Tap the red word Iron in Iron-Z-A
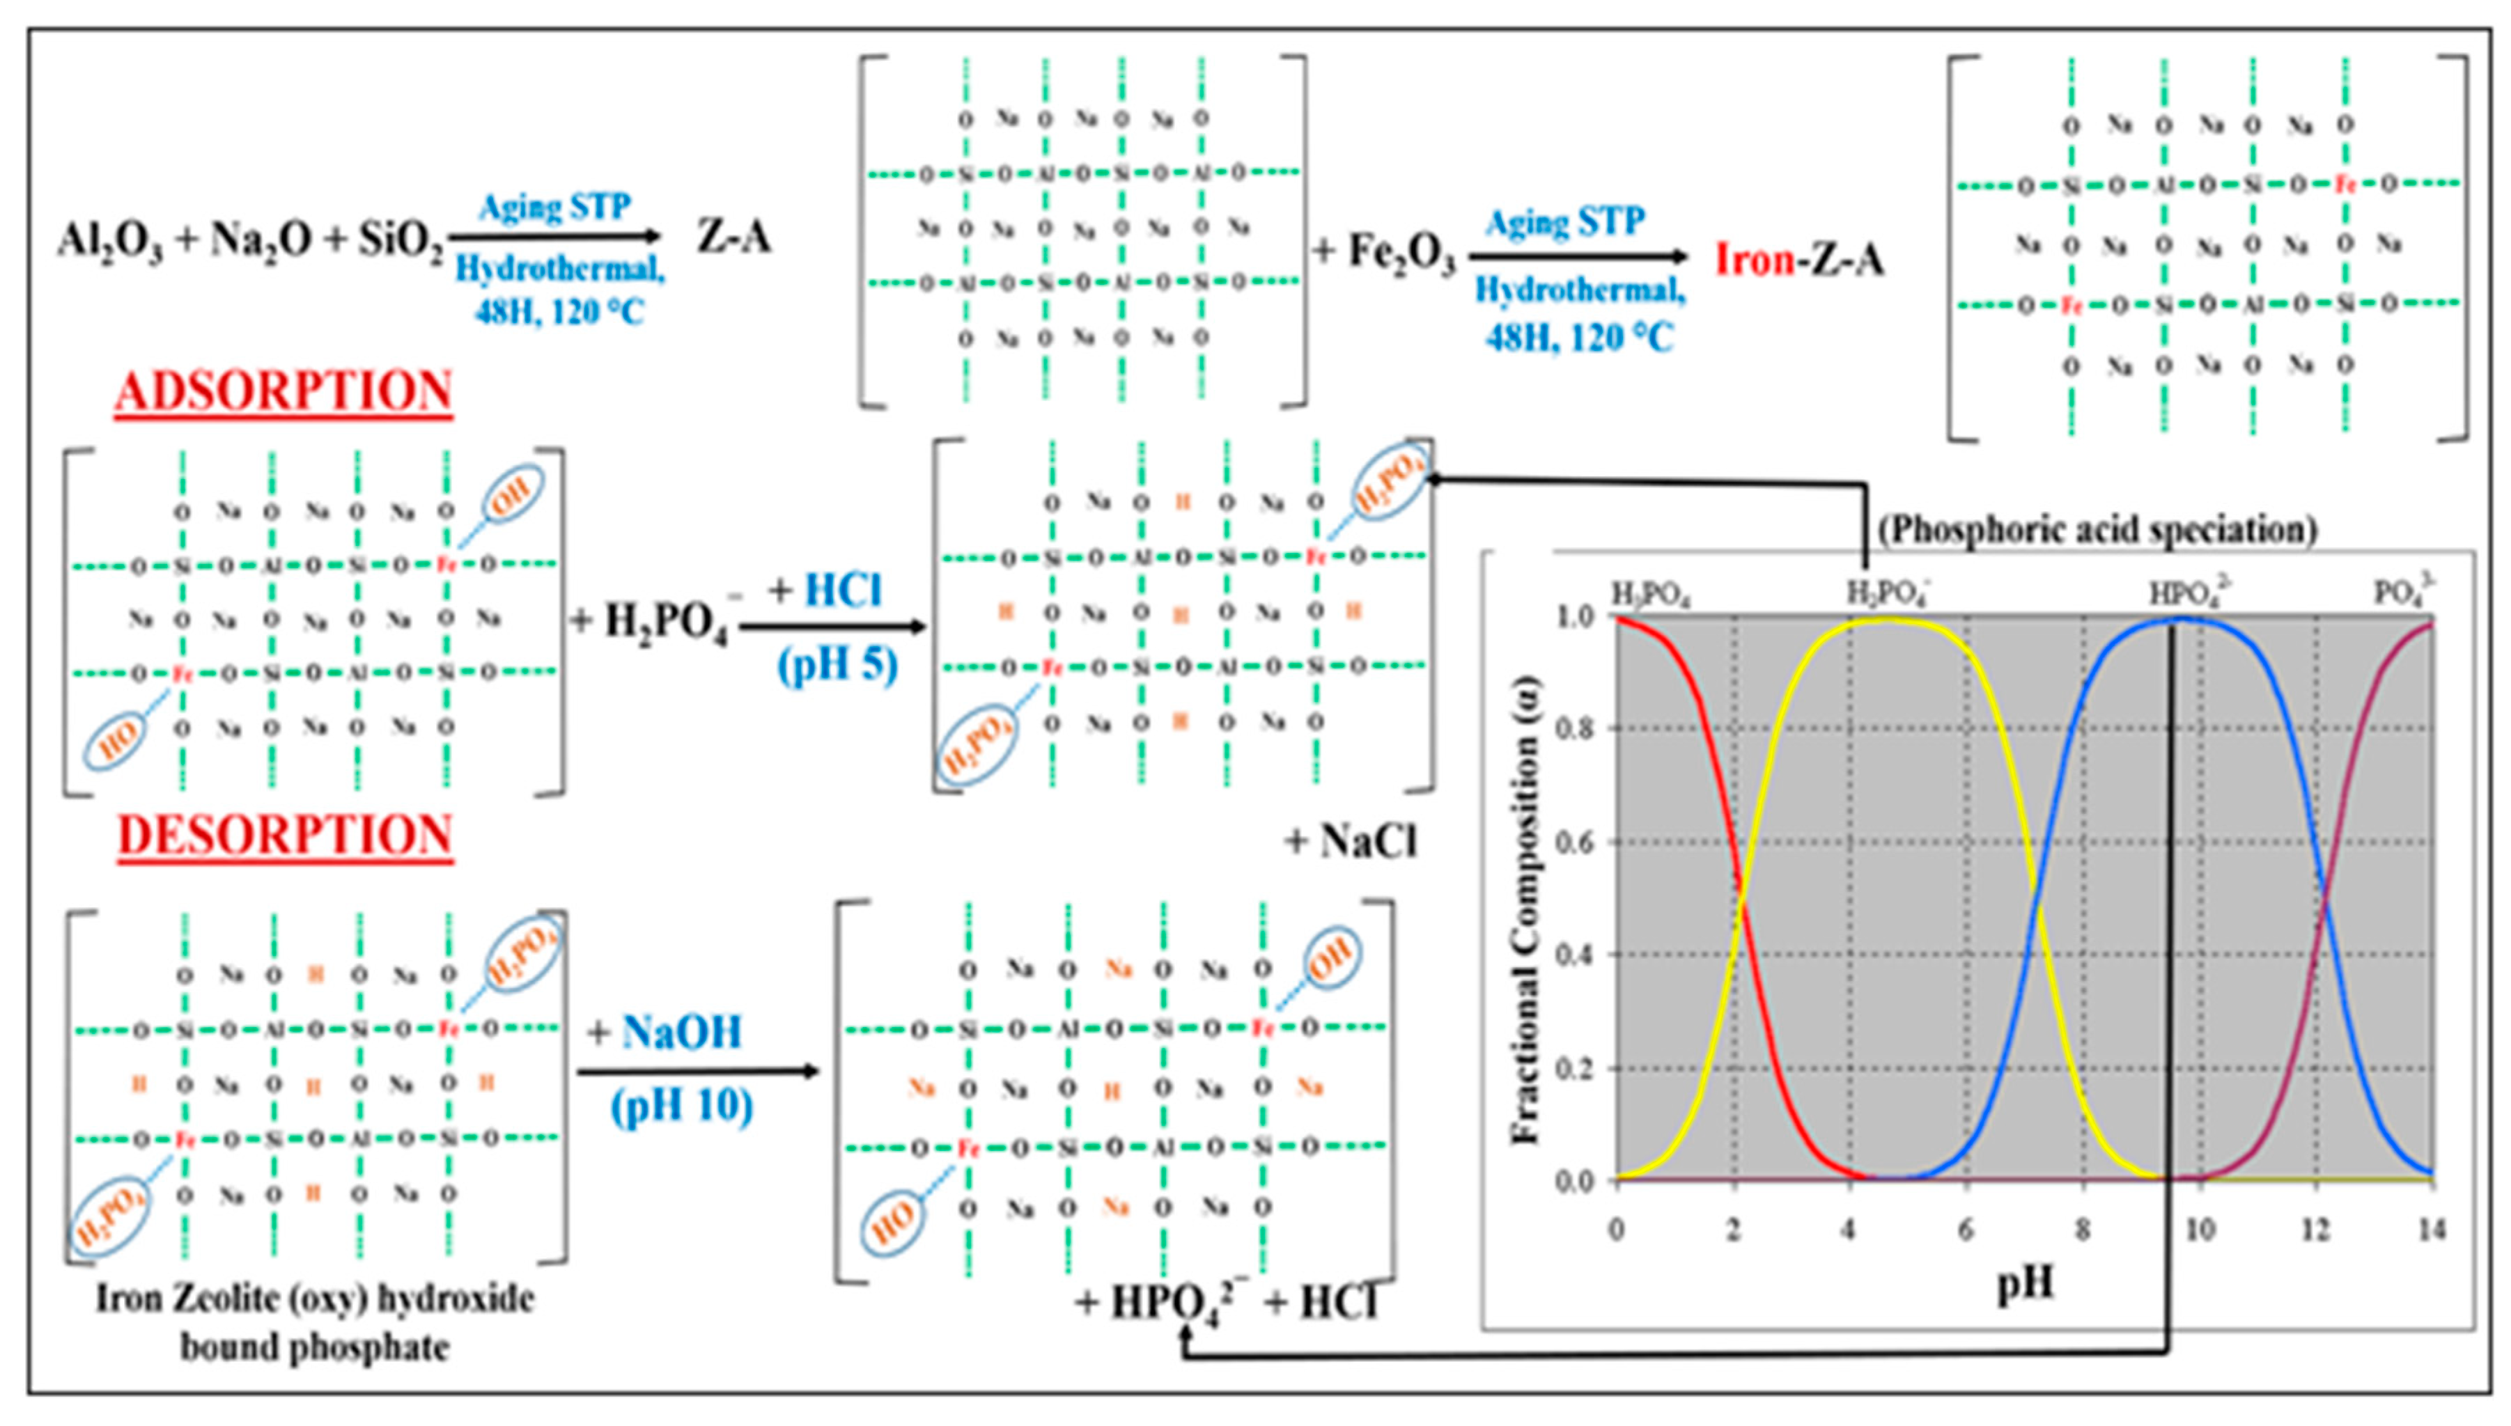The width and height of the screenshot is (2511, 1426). coord(1755,260)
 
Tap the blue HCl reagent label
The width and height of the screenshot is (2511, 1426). coord(843,592)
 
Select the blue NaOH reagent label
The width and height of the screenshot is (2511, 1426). coord(682,1033)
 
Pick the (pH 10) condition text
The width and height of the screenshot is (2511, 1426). coord(682,1106)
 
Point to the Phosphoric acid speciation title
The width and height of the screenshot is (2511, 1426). coord(2097,530)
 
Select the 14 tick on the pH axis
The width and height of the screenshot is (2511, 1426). coord(2432,1230)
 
